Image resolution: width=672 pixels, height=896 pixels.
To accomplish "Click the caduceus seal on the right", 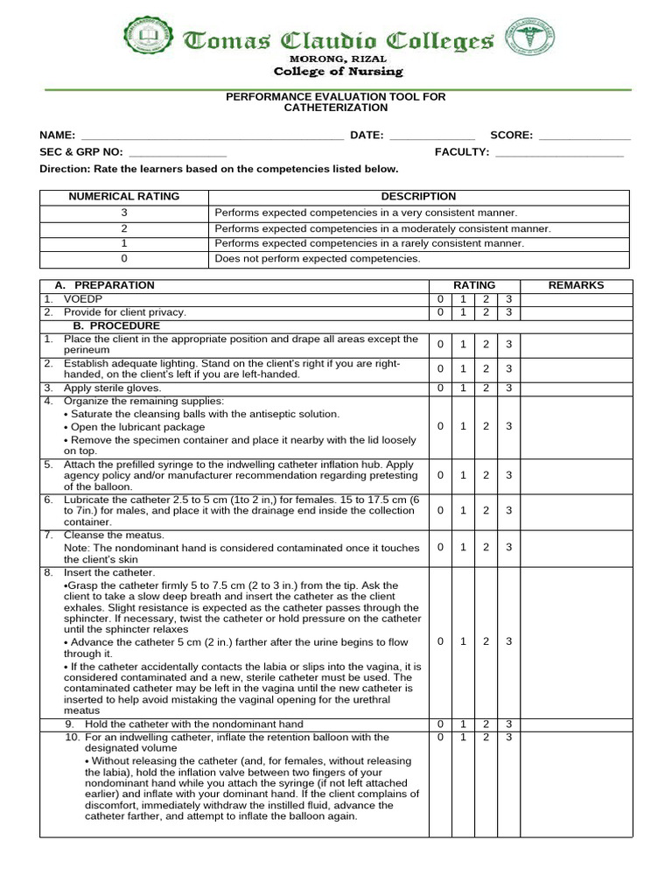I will pos(529,38).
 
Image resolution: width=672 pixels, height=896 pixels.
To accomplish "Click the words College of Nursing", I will pos(338,72).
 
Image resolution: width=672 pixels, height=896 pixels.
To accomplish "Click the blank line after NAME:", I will pos(212,136).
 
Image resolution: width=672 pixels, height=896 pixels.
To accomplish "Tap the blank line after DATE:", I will pos(431,136).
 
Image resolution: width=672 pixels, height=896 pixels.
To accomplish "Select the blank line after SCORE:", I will pos(584,136).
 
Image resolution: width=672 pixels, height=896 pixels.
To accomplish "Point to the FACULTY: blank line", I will pos(559,153).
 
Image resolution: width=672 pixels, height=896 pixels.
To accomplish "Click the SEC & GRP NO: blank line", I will pos(177,153).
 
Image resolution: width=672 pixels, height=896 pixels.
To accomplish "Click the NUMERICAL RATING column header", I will pos(124,197).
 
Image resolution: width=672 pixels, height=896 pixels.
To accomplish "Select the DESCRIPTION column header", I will pos(418,197).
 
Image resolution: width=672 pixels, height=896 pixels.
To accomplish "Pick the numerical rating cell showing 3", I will pos(124,213).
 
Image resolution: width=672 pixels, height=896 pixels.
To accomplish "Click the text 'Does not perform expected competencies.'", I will pos(318,259).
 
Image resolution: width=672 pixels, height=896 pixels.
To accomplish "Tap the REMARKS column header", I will pos(575,285).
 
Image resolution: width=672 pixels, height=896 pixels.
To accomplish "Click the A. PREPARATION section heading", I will pos(104,285).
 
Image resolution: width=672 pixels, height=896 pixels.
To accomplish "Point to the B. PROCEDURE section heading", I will pos(116,325).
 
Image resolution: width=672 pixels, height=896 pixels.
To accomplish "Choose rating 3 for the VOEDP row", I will pos(508,299).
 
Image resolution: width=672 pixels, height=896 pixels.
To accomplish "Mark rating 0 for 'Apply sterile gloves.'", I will pos(439,388).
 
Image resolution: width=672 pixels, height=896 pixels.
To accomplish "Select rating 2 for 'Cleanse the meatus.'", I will pos(486,547).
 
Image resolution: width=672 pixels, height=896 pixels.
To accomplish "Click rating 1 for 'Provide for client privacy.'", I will pos(463,312).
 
